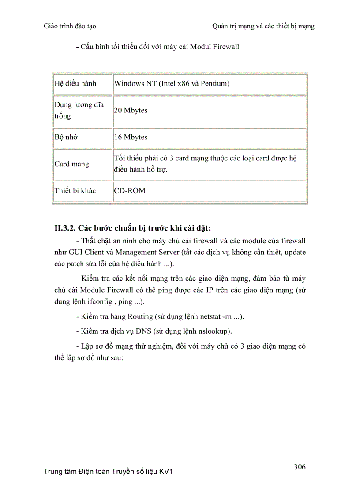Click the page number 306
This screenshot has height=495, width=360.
coord(300,467)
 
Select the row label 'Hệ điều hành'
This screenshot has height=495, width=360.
coord(75,83)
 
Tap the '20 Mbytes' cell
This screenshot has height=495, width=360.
coord(131,110)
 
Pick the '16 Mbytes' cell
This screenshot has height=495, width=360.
coord(131,137)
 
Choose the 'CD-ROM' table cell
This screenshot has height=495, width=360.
coord(130,191)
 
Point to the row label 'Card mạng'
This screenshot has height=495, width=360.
coord(71,164)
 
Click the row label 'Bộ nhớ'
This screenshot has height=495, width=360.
coord(66,137)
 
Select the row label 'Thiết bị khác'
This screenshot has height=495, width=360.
coord(75,191)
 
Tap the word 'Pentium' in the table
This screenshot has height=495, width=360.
coord(214,83)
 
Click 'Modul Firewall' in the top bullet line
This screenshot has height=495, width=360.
coord(214,46)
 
